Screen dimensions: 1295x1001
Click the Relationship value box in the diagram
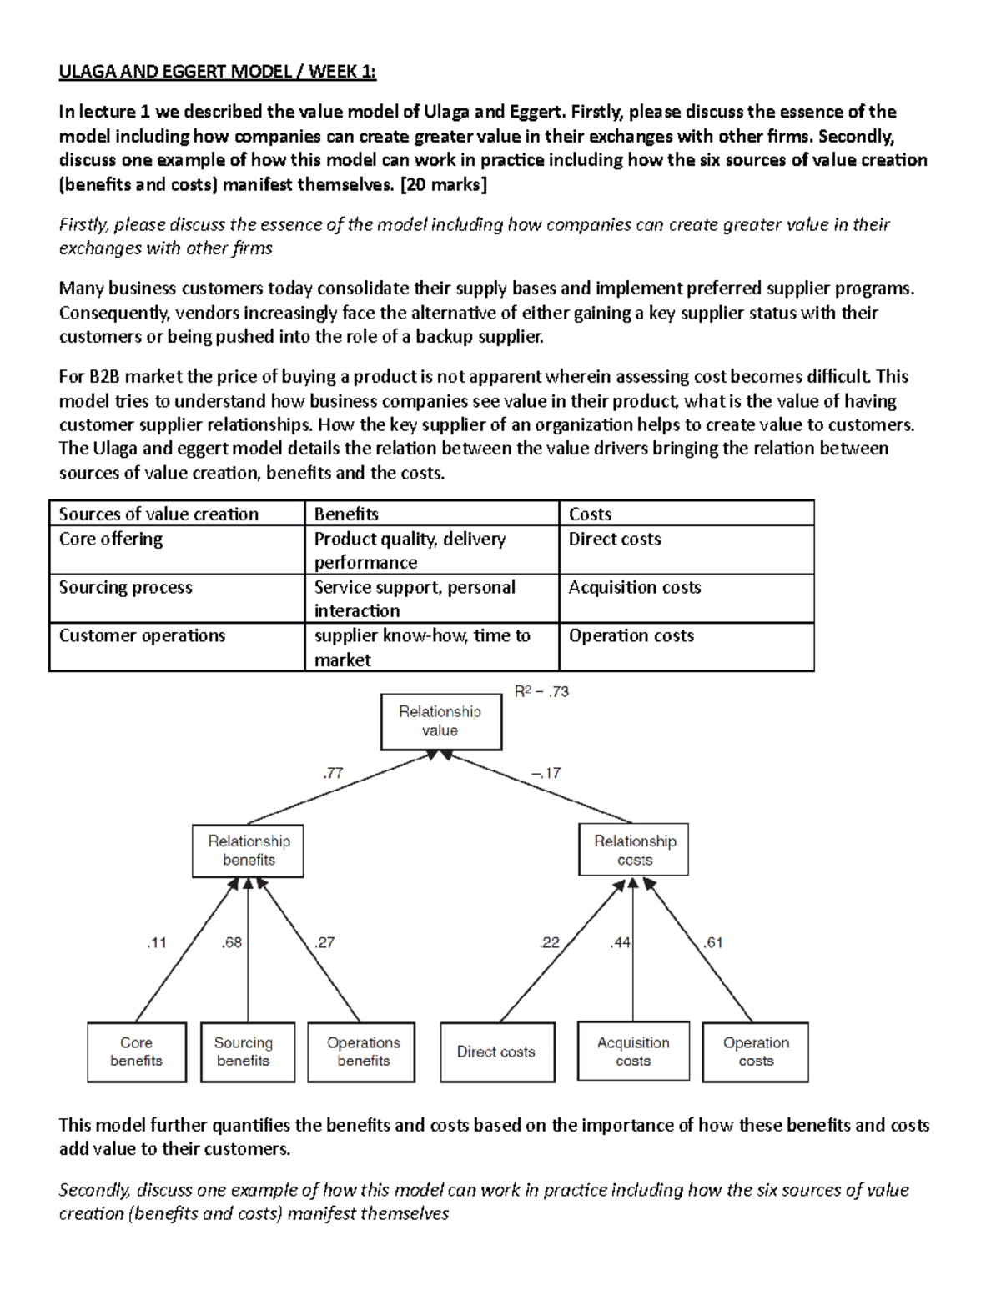(x=440, y=721)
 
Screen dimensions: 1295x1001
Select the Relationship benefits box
(x=248, y=851)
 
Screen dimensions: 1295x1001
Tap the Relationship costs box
(x=634, y=851)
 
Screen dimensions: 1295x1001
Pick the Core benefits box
(x=137, y=1052)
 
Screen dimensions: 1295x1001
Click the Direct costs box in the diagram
(x=497, y=1052)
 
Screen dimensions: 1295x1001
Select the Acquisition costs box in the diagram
(x=633, y=1052)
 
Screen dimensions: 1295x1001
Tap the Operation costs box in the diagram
(x=755, y=1052)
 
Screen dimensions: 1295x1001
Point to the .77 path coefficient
(x=333, y=773)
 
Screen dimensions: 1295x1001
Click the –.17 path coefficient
(x=546, y=773)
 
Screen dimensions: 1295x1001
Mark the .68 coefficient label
(x=231, y=942)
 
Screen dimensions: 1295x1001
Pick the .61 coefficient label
(x=712, y=942)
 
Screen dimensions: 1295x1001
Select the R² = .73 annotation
(x=541, y=691)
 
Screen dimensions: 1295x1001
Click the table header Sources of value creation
(x=158, y=514)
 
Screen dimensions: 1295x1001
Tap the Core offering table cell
(x=111, y=539)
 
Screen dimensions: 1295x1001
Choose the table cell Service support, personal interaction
(x=415, y=598)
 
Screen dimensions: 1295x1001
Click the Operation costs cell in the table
(x=631, y=635)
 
